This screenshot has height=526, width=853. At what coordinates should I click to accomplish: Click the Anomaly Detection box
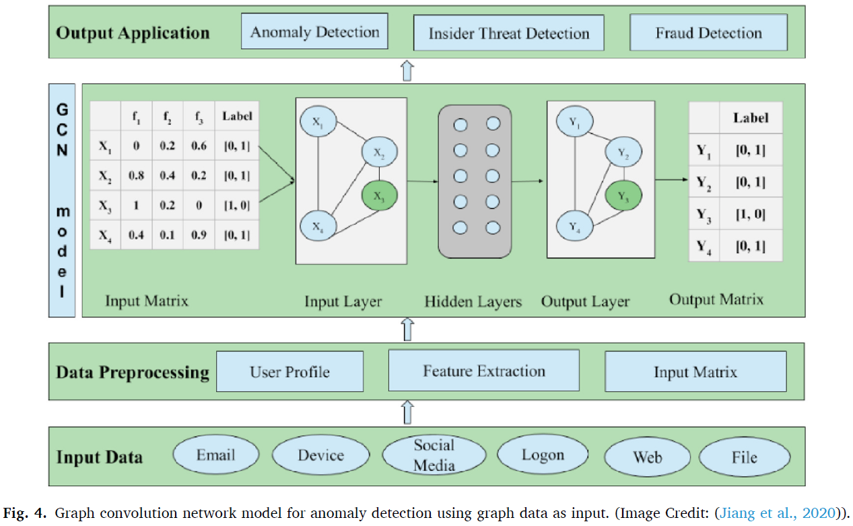tap(314, 32)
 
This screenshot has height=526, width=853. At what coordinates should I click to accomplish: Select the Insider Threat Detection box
tap(508, 33)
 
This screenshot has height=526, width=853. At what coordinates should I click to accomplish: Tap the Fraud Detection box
tap(708, 33)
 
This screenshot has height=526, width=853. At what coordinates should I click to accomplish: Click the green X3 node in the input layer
tap(380, 196)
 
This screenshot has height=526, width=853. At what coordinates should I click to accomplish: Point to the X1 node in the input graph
tap(318, 122)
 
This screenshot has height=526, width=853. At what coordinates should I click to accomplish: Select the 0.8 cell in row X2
tap(137, 175)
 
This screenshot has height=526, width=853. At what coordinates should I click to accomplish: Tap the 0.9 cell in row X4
tap(199, 234)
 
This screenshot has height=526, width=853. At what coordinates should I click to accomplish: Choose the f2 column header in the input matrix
tap(168, 116)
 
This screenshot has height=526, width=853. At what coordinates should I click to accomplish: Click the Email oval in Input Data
tap(215, 455)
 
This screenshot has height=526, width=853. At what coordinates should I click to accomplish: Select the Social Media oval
tap(434, 455)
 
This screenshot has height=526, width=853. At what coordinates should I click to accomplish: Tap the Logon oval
tap(542, 455)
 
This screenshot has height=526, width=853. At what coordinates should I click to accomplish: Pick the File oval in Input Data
tap(744, 457)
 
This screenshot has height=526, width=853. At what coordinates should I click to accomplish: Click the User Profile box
tap(289, 372)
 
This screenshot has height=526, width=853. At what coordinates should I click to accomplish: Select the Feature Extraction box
tap(483, 370)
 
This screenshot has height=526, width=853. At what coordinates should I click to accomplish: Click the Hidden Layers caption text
tap(473, 302)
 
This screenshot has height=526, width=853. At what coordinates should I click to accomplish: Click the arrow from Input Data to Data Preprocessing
tap(406, 412)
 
